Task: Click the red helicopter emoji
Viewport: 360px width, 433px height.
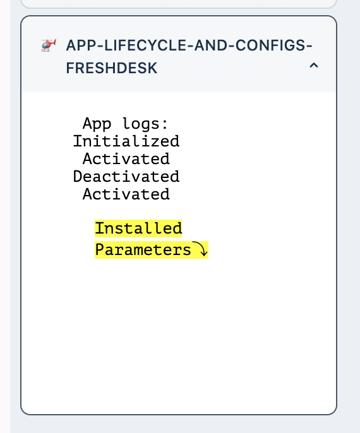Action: (x=49, y=45)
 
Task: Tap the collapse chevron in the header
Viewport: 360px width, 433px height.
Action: (x=314, y=66)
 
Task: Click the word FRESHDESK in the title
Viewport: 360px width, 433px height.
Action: (x=112, y=68)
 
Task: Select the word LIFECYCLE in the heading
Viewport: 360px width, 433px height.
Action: (x=145, y=45)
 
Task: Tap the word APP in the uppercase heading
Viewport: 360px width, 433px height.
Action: (x=81, y=45)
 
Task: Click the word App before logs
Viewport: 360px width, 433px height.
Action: (x=97, y=124)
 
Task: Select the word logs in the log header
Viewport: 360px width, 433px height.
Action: (x=141, y=124)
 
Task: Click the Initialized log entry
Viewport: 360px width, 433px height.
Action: (x=126, y=141)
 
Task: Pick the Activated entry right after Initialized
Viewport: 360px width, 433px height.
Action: (x=126, y=159)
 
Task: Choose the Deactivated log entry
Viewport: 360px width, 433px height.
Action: (x=126, y=177)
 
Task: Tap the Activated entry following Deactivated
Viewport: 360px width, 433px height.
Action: (x=126, y=194)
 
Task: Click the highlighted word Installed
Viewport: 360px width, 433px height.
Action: (x=138, y=228)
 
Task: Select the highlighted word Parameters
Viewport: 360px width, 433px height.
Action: (x=143, y=250)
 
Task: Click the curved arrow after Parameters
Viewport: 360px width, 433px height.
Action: (x=200, y=249)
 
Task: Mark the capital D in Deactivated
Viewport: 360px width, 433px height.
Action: (x=78, y=177)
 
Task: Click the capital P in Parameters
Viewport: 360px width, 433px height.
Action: (x=99, y=250)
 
